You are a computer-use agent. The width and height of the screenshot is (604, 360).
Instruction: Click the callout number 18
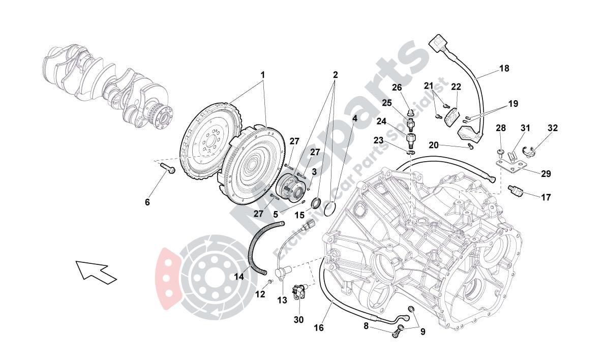(504, 68)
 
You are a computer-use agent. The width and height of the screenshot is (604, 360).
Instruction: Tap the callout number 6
(147, 202)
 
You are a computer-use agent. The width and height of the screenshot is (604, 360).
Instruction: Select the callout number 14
(239, 277)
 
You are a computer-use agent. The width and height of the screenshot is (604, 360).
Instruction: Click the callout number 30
(298, 320)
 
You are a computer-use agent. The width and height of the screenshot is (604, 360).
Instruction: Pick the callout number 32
(553, 128)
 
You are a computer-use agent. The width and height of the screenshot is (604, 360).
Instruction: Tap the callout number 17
(546, 197)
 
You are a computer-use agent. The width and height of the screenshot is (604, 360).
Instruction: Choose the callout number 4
(354, 118)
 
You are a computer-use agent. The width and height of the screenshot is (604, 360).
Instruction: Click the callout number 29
(546, 174)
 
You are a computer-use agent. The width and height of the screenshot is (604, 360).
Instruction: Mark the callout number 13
(282, 301)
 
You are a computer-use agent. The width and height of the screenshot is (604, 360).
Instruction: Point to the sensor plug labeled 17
(516, 191)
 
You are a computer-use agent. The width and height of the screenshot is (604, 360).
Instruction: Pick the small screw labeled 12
(270, 282)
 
